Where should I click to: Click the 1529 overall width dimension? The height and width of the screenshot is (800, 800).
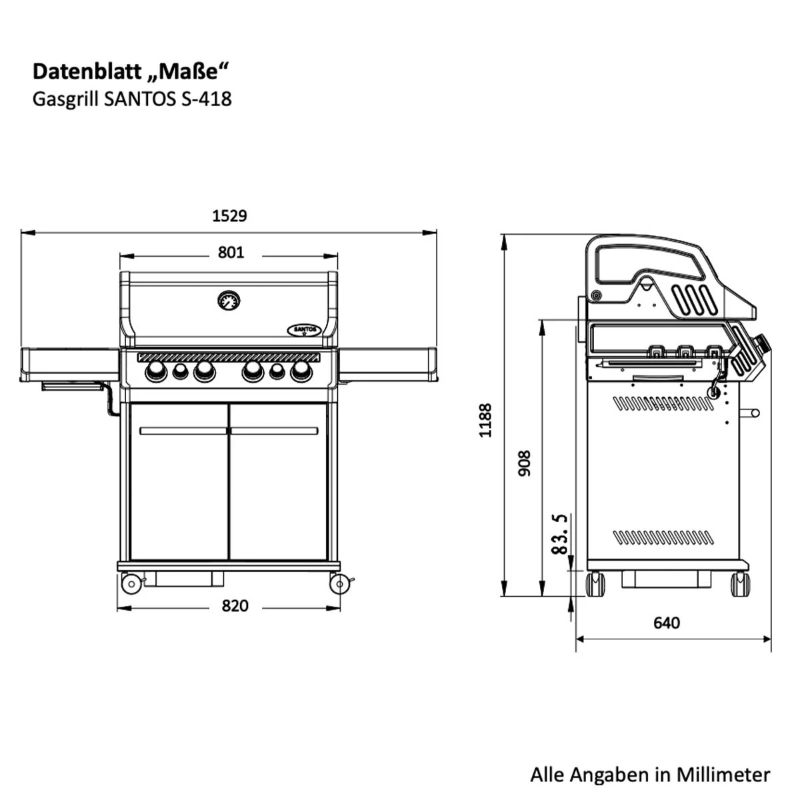[229, 216]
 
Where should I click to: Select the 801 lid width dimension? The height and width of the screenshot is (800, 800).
[231, 253]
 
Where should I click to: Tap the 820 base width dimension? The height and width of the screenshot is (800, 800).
[235, 606]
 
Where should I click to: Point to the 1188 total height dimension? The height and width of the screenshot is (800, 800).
[486, 420]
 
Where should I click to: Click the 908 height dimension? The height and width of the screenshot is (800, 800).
[525, 463]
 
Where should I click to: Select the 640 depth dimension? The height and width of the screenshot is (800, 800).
[666, 623]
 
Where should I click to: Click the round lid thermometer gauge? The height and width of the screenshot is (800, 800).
[229, 301]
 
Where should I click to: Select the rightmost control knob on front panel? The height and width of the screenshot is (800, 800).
[301, 372]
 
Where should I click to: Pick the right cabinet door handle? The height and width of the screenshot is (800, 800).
[274, 431]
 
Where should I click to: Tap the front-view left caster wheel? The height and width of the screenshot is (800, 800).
[131, 584]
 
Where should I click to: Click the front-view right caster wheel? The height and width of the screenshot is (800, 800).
[339, 584]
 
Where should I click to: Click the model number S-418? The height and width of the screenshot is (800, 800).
[204, 99]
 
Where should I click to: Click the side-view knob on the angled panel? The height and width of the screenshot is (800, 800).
[761, 345]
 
